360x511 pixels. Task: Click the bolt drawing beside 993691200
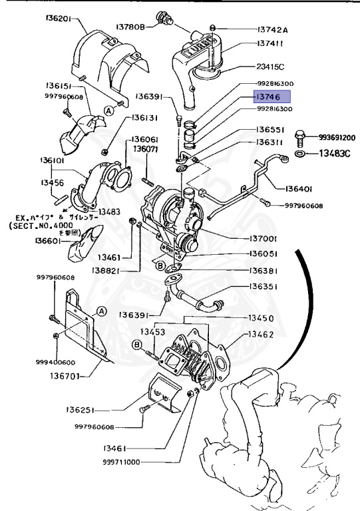pos(300,138)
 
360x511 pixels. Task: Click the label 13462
pos(260,334)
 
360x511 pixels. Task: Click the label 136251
pos(85,409)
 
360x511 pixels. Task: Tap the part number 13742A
pos(273,30)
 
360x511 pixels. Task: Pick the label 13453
pos(152,331)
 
